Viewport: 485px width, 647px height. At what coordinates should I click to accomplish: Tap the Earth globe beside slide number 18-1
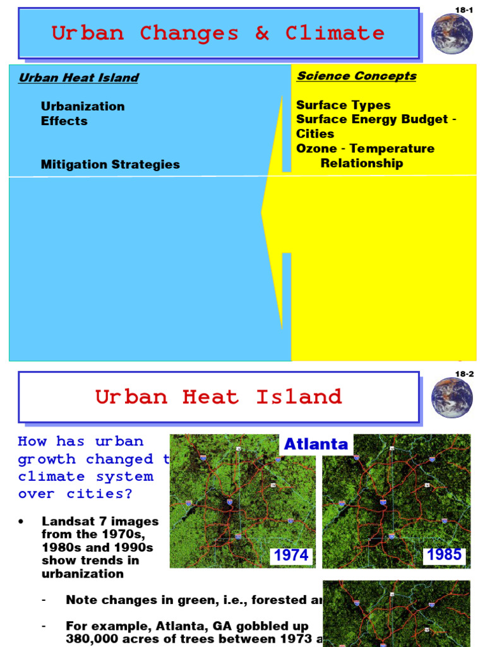(452, 33)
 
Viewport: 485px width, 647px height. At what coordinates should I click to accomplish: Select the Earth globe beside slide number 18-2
(452, 397)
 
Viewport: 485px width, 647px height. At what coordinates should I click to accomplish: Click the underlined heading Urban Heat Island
(78, 78)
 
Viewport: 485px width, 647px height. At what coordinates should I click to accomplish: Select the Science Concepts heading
(357, 76)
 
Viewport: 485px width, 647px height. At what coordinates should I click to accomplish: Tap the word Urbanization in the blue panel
(83, 106)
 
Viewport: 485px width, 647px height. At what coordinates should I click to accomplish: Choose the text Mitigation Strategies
(111, 164)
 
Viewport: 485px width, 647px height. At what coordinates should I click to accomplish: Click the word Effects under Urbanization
(64, 121)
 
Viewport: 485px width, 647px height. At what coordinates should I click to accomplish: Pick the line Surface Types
(344, 105)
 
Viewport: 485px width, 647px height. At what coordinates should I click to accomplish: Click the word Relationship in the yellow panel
(362, 163)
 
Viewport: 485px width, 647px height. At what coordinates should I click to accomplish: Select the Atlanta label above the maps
(316, 444)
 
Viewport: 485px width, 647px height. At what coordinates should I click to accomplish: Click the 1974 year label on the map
(291, 555)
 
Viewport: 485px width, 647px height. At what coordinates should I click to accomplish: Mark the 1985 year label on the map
(445, 555)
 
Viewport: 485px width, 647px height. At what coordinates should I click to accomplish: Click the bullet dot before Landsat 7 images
(21, 522)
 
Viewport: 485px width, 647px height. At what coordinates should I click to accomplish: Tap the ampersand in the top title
(262, 33)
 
